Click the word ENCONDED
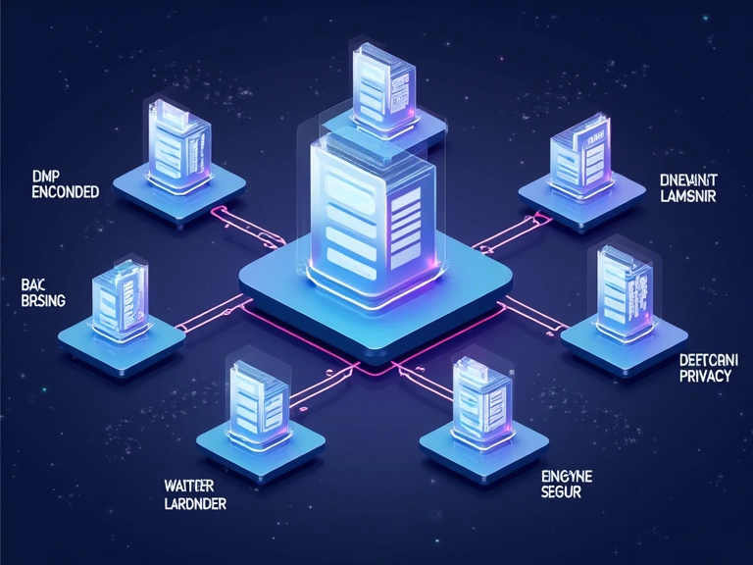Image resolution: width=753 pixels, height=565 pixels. coord(66,192)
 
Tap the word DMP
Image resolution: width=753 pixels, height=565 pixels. coord(46,176)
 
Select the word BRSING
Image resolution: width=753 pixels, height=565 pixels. coord(42,301)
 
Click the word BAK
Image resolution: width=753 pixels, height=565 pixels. coord(33,284)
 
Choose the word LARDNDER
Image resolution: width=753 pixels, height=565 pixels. coord(194,505)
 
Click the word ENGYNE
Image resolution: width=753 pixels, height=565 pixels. coord(568,475)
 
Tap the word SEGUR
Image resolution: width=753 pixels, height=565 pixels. coord(562,491)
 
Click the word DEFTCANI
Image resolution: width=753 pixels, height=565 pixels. coord(708,360)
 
